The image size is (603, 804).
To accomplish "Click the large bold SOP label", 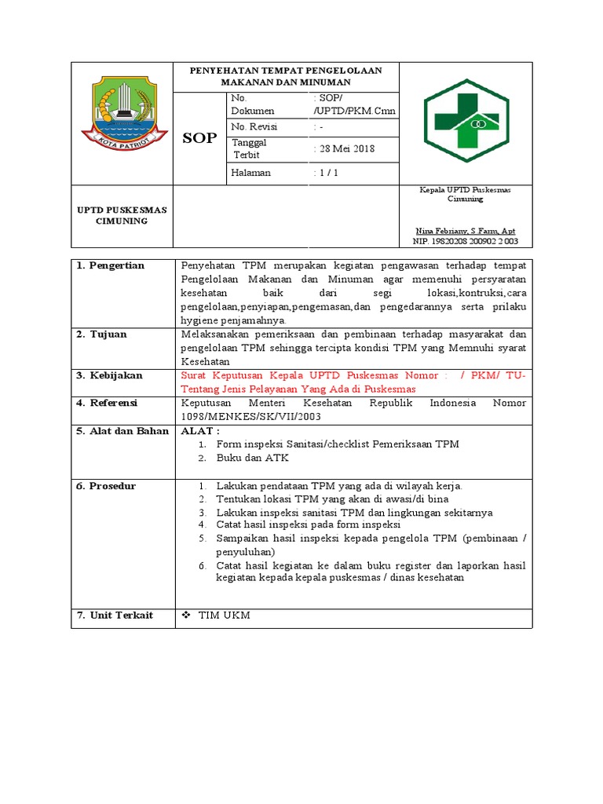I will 199,139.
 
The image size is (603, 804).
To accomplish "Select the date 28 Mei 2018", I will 344,149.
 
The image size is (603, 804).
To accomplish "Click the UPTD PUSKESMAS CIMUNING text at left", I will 121,215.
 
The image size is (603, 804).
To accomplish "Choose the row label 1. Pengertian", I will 111,265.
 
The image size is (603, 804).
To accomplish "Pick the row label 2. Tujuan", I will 102,334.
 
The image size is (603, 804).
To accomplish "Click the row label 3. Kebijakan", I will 109,375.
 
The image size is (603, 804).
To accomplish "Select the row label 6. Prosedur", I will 106,486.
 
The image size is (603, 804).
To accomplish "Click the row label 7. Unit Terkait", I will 115,615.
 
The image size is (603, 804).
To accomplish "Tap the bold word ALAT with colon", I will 201,430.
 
